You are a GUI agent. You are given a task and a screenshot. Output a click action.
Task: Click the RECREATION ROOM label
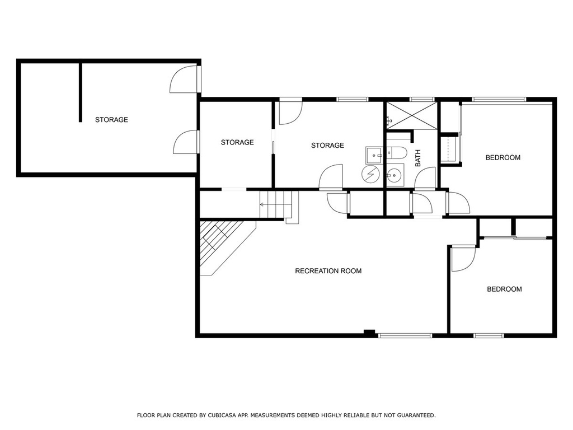(328, 271)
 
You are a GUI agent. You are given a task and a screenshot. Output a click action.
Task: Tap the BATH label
(417, 158)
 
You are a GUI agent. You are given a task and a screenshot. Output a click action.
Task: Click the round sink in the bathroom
(395, 175)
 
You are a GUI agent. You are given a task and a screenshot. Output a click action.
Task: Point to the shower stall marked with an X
(412, 115)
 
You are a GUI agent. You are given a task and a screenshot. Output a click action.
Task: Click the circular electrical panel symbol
(371, 174)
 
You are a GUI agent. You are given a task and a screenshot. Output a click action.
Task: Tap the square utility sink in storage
(374, 156)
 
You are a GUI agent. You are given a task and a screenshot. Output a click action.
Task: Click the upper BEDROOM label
(503, 157)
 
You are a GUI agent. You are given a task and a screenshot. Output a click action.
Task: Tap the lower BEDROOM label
(504, 289)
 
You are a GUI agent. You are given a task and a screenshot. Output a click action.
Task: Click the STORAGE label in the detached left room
(111, 120)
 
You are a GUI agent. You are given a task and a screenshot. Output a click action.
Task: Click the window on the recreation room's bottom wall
(405, 335)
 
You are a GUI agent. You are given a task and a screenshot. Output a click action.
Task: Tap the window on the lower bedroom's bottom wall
(489, 335)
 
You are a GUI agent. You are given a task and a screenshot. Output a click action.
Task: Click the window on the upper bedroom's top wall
(499, 99)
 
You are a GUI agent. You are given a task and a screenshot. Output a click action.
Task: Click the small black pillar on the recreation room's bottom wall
(369, 333)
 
